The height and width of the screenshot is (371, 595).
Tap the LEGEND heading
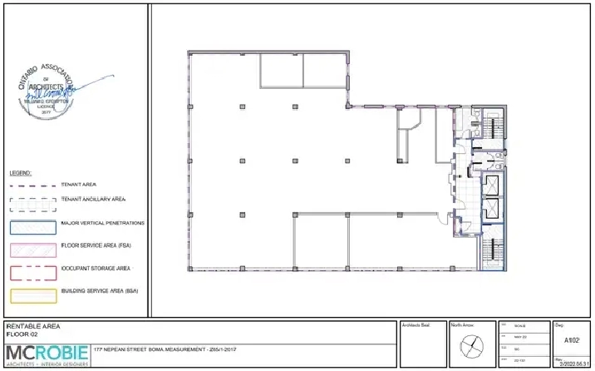(x=20, y=173)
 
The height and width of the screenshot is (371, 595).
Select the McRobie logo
(x=45, y=354)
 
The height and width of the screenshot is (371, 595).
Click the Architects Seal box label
(x=415, y=324)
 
